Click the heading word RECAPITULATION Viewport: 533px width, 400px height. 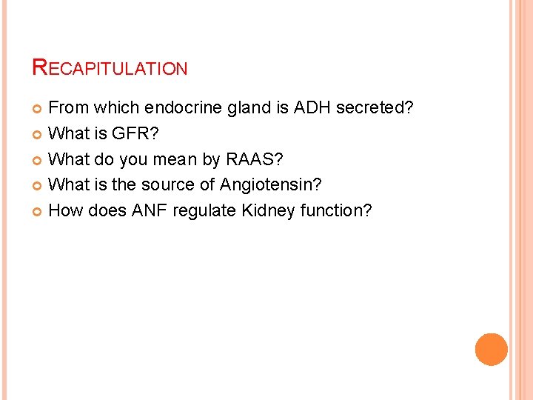pyautogui.click(x=110, y=69)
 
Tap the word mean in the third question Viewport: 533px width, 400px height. pyautogui.click(x=171, y=159)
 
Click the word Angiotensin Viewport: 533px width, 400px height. pyautogui.click(x=270, y=185)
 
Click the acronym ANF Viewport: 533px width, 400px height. pyautogui.click(x=150, y=210)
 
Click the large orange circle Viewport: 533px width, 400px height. pyautogui.click(x=492, y=350)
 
